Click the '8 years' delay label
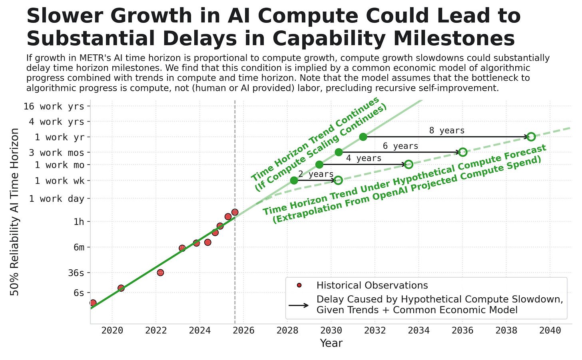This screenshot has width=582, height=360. [x=446, y=131]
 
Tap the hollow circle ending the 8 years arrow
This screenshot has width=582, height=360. [x=531, y=137]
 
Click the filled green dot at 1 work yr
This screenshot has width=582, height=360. [x=363, y=137]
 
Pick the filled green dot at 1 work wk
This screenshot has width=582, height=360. [x=294, y=181]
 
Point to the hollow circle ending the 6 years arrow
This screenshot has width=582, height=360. [x=462, y=152]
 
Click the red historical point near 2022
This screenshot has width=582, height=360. [x=160, y=272]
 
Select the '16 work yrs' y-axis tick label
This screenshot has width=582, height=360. [x=54, y=106]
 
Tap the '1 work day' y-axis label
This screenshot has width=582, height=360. [x=56, y=199]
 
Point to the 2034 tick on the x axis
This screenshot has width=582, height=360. [x=419, y=330]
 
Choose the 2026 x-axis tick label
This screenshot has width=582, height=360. [x=243, y=330]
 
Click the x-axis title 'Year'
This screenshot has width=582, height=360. [x=331, y=343]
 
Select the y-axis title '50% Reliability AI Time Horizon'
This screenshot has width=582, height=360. [x=15, y=212]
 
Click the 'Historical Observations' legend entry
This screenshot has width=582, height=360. [x=372, y=285]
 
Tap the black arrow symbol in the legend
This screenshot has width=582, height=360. [x=299, y=305]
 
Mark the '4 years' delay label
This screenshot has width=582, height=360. [x=363, y=158]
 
